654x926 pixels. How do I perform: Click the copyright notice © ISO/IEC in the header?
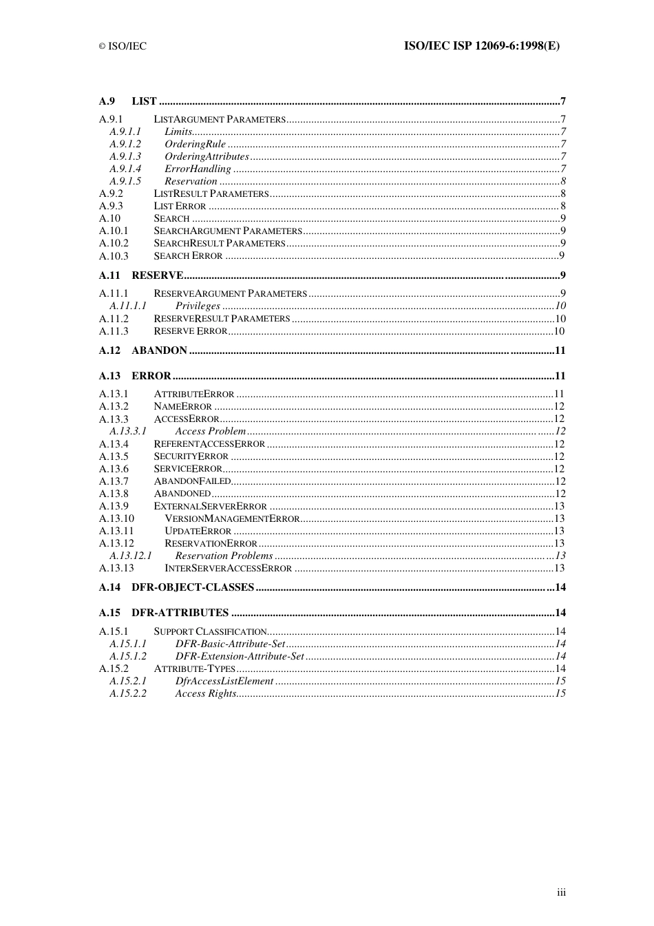(x=123, y=46)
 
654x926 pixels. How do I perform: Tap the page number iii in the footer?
(x=561, y=892)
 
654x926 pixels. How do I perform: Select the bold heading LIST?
(x=144, y=101)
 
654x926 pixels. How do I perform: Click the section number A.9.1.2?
(x=125, y=144)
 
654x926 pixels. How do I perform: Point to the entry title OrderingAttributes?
(x=207, y=156)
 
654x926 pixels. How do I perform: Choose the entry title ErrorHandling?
(x=198, y=169)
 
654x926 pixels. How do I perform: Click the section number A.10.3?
(x=114, y=256)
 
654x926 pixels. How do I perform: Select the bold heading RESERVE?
(x=157, y=275)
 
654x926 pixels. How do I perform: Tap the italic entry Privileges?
(x=198, y=306)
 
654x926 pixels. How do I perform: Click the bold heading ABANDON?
(x=159, y=350)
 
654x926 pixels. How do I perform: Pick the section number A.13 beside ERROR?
(x=109, y=376)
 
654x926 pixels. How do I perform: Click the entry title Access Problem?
(x=210, y=431)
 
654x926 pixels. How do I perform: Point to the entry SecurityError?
(x=191, y=456)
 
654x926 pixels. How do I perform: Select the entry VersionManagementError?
(x=232, y=518)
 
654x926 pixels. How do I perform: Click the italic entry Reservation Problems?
(x=224, y=556)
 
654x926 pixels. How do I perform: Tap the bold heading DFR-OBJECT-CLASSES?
(x=193, y=587)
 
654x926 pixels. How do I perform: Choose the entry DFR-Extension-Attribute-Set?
(x=239, y=656)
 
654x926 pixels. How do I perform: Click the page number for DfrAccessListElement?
(x=560, y=681)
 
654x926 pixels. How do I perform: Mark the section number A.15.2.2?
(x=127, y=693)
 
